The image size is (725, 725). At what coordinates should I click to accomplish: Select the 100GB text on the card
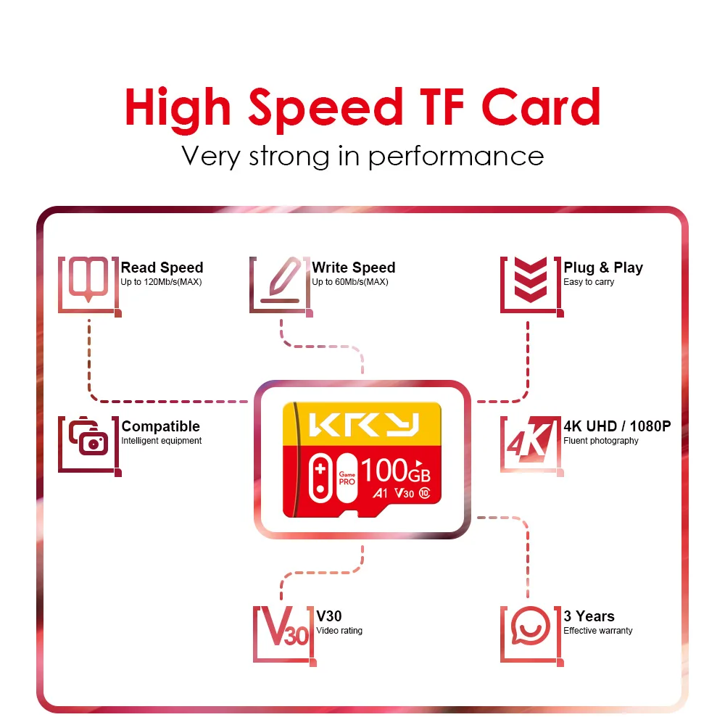[x=395, y=471]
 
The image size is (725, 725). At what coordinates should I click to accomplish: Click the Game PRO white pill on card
[x=347, y=476]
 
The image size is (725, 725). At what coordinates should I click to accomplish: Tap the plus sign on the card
[x=319, y=465]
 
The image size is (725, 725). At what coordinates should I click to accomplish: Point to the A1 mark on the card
[x=380, y=494]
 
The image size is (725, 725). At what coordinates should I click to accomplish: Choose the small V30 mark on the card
[x=404, y=494]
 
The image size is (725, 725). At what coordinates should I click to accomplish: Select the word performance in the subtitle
[x=456, y=156]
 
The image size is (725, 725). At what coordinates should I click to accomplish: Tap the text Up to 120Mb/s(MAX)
[x=161, y=282]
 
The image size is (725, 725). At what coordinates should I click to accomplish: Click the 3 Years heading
[x=589, y=616]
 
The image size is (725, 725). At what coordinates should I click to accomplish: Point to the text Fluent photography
[x=601, y=441]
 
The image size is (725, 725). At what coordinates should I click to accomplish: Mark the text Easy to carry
[x=589, y=282]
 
